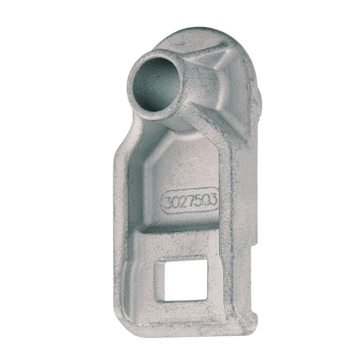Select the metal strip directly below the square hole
pos(183,310)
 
